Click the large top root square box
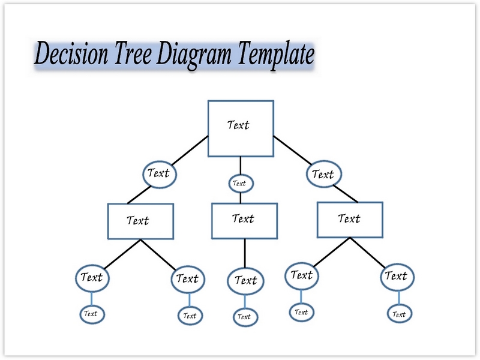tap(241, 128)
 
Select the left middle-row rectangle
tap(140, 221)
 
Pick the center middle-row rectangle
tap(244, 220)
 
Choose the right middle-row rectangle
tap(349, 220)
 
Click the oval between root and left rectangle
tap(159, 174)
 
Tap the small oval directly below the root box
tap(240, 183)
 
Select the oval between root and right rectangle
tap(323, 175)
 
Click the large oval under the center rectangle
tap(245, 281)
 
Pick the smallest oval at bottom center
tap(244, 317)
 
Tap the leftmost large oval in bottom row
tap(92, 278)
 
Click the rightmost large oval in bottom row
tap(396, 277)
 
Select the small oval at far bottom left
tap(91, 314)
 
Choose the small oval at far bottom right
tap(398, 314)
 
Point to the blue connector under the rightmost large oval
tap(397, 298)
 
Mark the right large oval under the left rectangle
tap(188, 279)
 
